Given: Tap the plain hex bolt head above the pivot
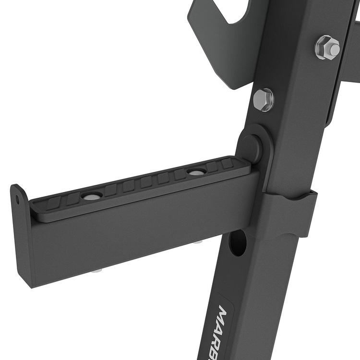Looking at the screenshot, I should pyautogui.click(x=264, y=99).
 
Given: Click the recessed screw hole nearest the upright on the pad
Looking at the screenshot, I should pyautogui.click(x=196, y=172).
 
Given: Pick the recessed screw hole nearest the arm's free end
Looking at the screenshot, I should pyautogui.click(x=91, y=196).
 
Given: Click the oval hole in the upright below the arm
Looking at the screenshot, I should pyautogui.click(x=238, y=242).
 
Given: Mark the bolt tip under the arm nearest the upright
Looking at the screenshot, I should pyautogui.click(x=197, y=241).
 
